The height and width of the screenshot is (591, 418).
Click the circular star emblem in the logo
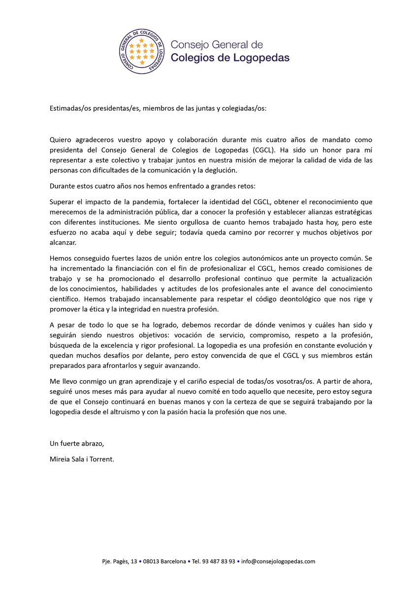tap(142, 51)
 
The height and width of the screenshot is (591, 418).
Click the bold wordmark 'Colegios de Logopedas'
tap(230, 58)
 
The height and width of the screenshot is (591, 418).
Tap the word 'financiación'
tap(136, 268)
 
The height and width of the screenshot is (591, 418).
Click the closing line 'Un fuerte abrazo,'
tap(77, 443)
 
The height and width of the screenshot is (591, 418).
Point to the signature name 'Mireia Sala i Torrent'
tap(81, 459)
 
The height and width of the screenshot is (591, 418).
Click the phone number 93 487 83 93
tap(221, 561)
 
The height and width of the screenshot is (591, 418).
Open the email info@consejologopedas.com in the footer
tap(278, 561)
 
